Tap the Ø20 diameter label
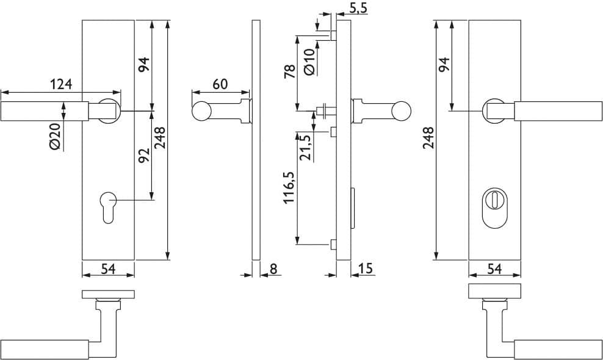[56, 137]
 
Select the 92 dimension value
[144, 155]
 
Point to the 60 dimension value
[220, 84]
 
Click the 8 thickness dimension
[273, 268]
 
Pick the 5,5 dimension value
[358, 9]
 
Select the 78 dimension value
[289, 71]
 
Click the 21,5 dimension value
[306, 148]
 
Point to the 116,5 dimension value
[289, 187]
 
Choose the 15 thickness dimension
[366, 268]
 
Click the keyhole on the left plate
[107, 207]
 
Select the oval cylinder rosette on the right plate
[494, 207]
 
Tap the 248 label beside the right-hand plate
[428, 138]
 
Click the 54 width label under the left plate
[108, 269]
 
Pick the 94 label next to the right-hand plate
[444, 64]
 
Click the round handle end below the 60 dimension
[201, 112]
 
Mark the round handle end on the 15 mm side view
[401, 110]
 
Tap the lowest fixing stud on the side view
[333, 244]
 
